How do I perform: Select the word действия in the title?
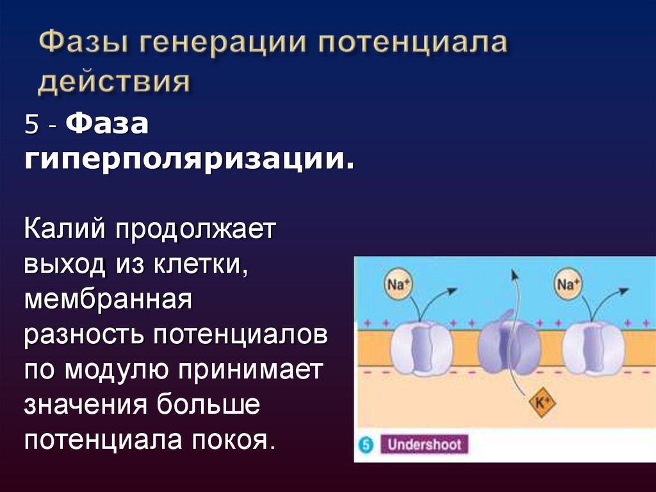coord(114,83)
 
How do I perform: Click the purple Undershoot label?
coord(423,445)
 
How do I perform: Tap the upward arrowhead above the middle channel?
coord(512,275)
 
